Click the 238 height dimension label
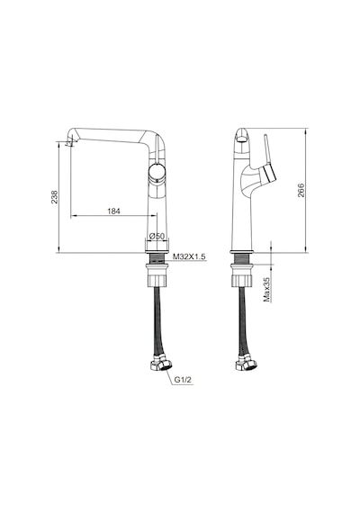[x=54, y=197]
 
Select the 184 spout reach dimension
[x=113, y=211]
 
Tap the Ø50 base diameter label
[x=157, y=236]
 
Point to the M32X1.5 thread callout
[x=189, y=256]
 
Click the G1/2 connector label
[x=183, y=380]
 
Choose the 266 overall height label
[x=301, y=190]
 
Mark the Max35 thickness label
[x=267, y=290]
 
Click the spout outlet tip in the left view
[x=71, y=142]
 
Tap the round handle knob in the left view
[x=157, y=173]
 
